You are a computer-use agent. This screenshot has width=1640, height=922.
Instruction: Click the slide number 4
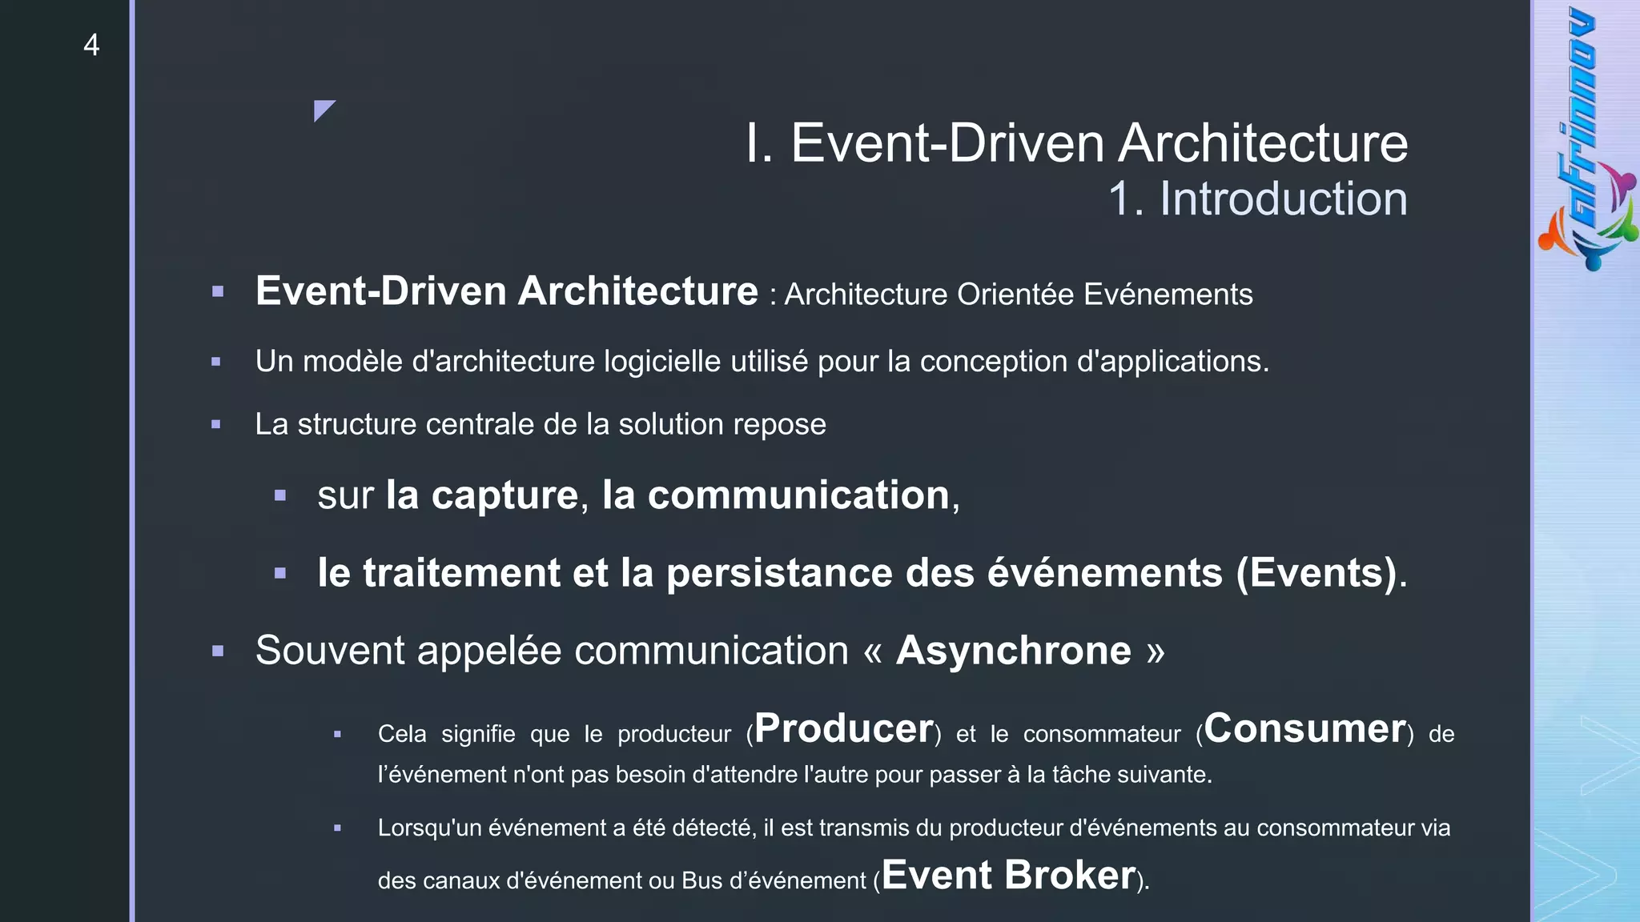[x=91, y=45]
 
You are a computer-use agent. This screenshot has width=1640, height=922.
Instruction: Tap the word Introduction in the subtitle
[x=1283, y=198]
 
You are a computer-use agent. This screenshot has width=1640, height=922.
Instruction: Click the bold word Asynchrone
[x=1013, y=650]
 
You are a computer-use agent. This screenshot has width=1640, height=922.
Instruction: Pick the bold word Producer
[x=844, y=728]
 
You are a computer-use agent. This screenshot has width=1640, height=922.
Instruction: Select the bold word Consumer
[x=1304, y=728]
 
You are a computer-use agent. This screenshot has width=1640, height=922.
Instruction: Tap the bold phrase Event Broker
[x=1009, y=875]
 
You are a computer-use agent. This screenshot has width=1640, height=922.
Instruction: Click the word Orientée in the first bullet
[x=1015, y=295]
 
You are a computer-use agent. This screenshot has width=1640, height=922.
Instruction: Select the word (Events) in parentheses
[x=1316, y=573]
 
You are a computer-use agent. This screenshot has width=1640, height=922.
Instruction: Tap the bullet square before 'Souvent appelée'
[x=218, y=651]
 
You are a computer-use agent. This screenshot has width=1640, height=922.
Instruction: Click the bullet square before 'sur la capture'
[x=279, y=496]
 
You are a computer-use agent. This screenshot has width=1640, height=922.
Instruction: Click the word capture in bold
[x=504, y=495]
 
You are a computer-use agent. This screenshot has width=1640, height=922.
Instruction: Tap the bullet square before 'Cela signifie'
[x=337, y=734]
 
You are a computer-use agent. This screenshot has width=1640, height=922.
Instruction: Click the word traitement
[x=461, y=573]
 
